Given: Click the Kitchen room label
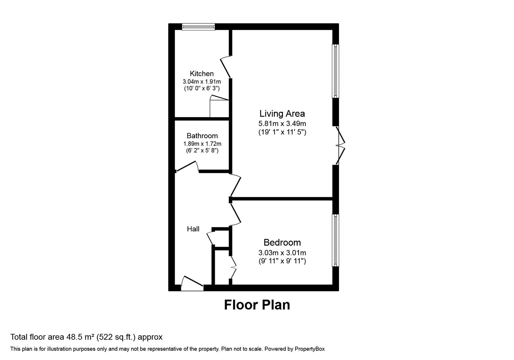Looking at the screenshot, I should [201, 74].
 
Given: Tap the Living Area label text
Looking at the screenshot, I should [282, 113].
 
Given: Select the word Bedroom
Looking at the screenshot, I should [282, 242].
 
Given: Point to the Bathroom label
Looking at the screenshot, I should [202, 136].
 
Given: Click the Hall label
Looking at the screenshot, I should [193, 229].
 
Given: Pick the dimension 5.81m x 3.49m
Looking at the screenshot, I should [282, 123].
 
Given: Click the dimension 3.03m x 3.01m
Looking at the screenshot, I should [282, 253].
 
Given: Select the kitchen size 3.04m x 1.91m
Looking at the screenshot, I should [202, 82].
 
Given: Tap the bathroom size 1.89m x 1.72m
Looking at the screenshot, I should [202, 144].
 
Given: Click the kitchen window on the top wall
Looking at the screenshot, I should [198, 27].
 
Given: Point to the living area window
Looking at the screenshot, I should [335, 71].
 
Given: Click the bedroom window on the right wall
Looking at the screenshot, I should [335, 240].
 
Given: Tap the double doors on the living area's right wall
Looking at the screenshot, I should [340, 146].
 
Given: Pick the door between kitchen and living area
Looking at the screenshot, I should [226, 67].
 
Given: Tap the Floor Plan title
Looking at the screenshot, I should [257, 305].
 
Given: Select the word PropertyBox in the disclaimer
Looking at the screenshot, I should [310, 349].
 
